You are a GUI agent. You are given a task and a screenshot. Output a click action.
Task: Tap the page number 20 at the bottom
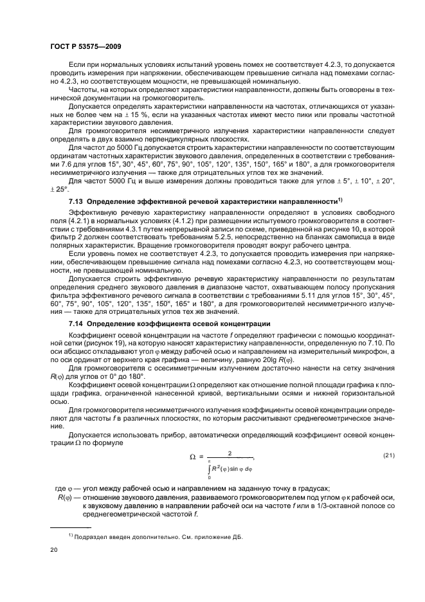click(x=53, y=550)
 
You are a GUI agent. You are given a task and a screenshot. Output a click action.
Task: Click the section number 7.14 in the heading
click(x=77, y=323)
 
